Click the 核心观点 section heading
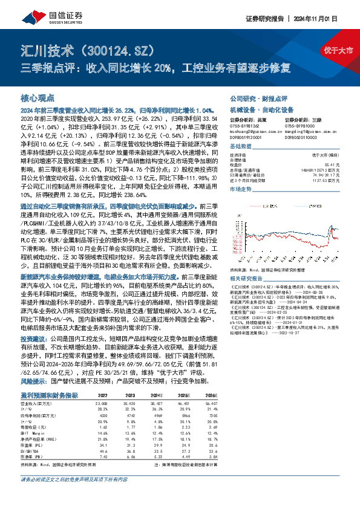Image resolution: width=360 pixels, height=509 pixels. (38, 97)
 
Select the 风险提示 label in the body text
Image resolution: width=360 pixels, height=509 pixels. (34, 365)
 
